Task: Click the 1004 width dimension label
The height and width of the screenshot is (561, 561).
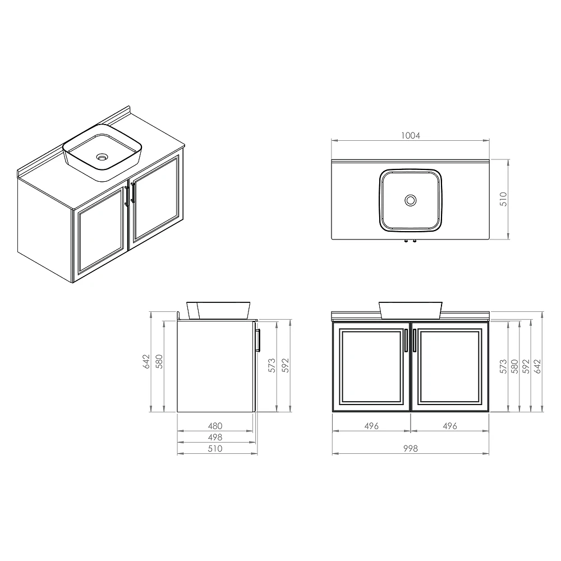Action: pos(411,136)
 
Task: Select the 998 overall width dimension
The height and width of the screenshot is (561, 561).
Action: pos(411,449)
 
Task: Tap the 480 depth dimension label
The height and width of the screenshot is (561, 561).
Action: pos(215,426)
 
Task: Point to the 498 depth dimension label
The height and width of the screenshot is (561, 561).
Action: pos(215,437)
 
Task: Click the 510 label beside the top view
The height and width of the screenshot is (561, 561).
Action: pos(503,199)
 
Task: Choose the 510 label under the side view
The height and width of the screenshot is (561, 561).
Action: pos(215,449)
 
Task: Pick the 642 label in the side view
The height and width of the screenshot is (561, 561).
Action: pos(146,362)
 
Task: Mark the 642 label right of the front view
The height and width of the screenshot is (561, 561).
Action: pos(538,367)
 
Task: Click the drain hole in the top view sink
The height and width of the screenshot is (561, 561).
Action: pos(411,200)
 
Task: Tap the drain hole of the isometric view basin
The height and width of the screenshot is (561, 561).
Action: pos(102,157)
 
